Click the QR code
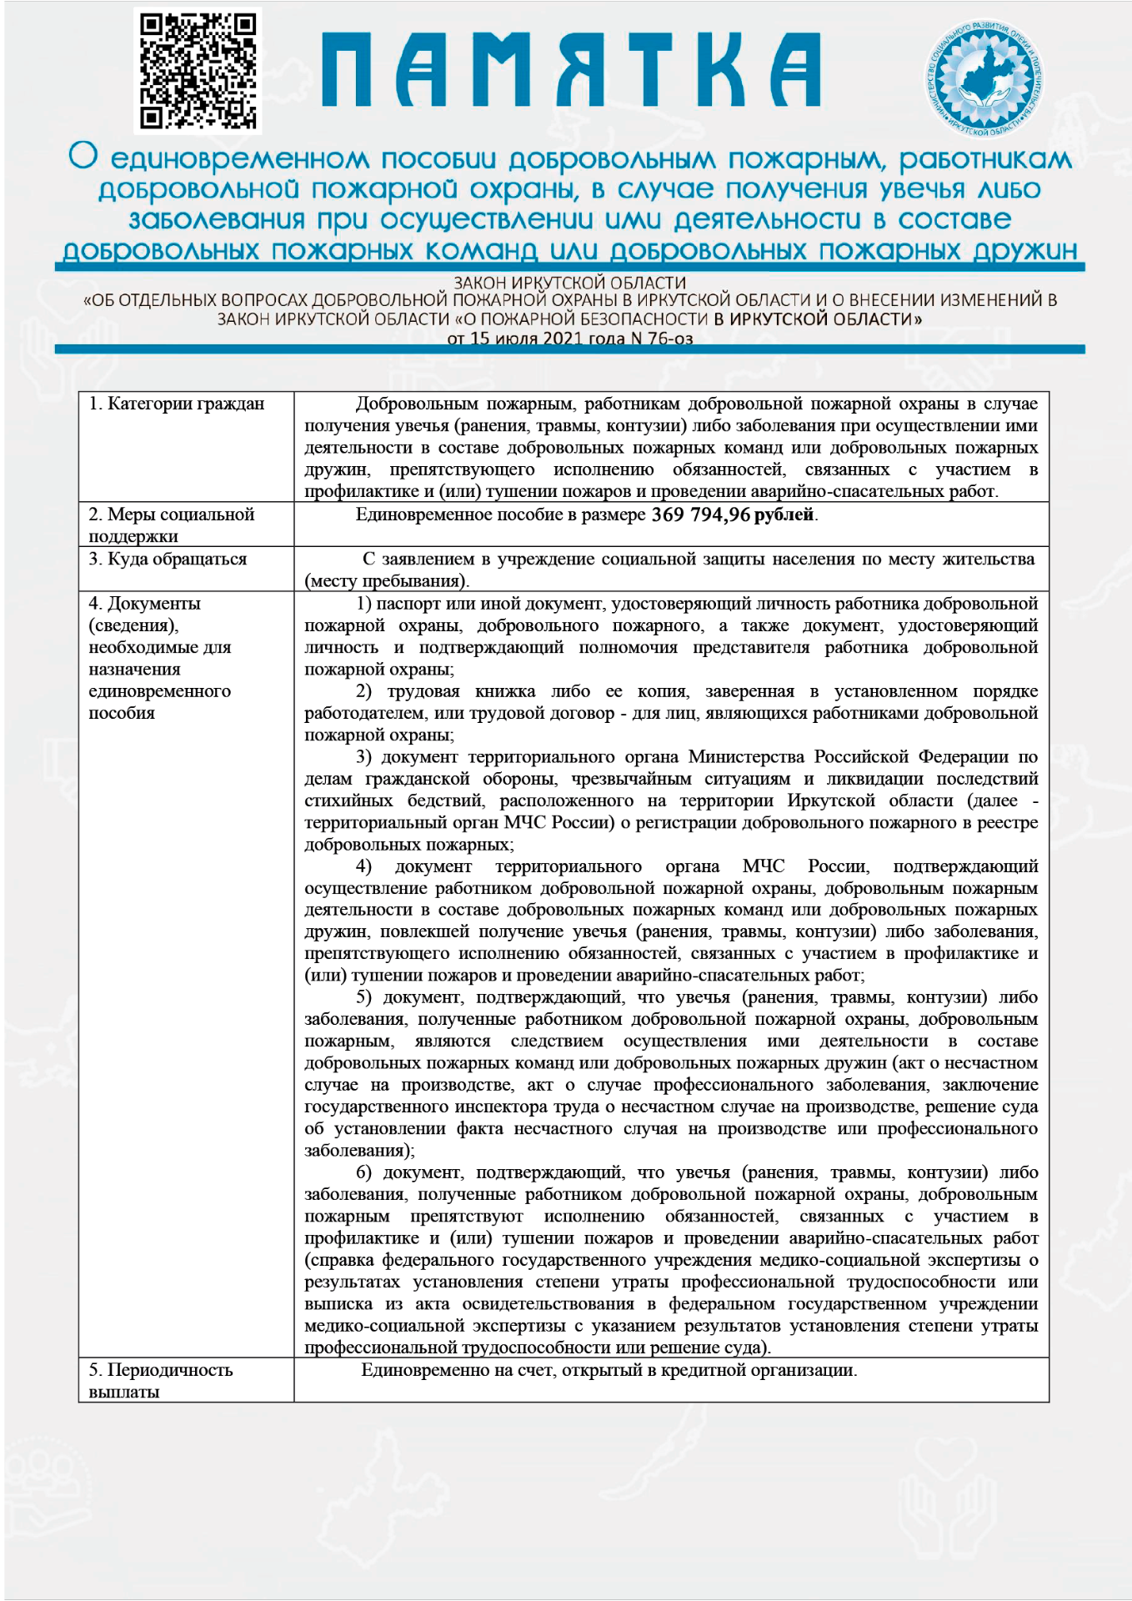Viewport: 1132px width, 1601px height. [198, 72]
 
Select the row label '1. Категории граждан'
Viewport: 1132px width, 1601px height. [177, 404]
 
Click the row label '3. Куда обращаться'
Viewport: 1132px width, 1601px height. [168, 559]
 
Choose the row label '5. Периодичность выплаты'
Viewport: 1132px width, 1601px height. [161, 1380]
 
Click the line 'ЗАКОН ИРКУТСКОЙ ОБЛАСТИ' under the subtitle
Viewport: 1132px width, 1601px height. [570, 284]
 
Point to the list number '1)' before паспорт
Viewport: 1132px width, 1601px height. [363, 603]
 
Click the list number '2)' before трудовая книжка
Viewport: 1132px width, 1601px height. [363, 691]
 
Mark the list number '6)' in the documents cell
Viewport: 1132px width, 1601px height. [363, 1172]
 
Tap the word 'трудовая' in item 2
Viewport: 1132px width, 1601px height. [423, 691]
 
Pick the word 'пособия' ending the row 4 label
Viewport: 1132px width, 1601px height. [122, 713]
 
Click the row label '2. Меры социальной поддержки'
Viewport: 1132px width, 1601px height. [171, 524]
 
